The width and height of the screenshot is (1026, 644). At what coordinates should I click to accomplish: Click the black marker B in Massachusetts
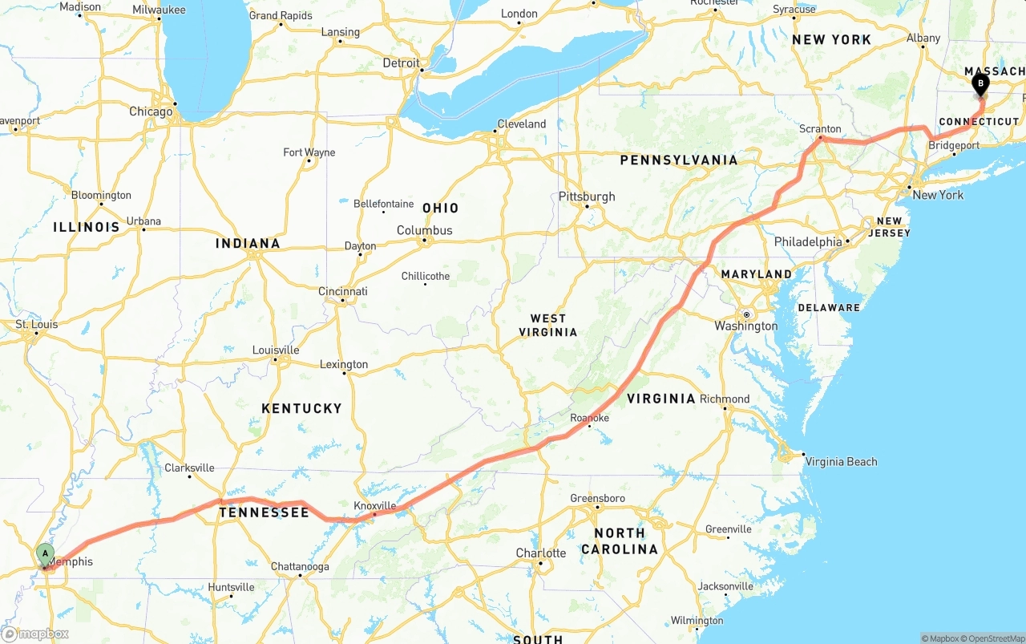[980, 83]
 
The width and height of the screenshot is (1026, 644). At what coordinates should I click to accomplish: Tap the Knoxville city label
[375, 506]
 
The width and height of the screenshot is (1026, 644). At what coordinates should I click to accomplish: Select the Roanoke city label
[589, 418]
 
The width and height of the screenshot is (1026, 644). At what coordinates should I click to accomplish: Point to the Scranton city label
[820, 128]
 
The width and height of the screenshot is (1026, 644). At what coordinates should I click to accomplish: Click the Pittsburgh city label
[588, 196]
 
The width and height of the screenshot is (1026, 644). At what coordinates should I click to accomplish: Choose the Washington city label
[746, 326]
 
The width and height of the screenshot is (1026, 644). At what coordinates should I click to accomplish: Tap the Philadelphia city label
[808, 241]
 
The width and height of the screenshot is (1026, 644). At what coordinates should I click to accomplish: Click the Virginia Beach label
[841, 461]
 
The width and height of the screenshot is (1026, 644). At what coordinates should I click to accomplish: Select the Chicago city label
[151, 111]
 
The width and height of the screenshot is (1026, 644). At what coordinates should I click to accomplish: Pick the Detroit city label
[401, 63]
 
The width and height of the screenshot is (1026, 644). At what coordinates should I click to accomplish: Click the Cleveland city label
[521, 124]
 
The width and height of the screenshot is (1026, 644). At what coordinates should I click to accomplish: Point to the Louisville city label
[276, 350]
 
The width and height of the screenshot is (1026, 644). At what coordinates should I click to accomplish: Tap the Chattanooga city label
[300, 566]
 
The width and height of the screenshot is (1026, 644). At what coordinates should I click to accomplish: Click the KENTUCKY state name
[301, 408]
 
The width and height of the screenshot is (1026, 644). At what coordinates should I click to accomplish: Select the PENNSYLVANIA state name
[678, 160]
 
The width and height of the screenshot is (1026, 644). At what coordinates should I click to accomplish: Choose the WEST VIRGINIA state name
[548, 325]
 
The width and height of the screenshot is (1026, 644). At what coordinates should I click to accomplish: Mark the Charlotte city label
[541, 553]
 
